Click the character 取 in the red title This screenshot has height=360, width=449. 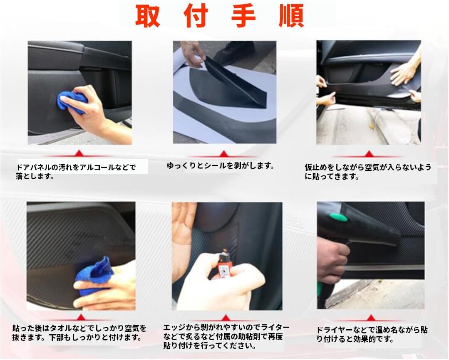click(x=147, y=16)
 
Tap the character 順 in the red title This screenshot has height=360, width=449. click(x=291, y=16)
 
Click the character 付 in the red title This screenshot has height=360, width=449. click(x=196, y=16)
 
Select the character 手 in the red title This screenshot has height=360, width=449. click(x=243, y=16)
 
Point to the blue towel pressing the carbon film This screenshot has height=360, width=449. click(x=93, y=275)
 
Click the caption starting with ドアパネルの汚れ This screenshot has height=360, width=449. click(x=76, y=172)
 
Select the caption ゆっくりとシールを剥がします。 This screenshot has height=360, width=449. click(x=221, y=166)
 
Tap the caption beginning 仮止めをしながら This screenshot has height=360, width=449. click(x=368, y=172)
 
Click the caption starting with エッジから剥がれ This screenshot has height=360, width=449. click(x=226, y=337)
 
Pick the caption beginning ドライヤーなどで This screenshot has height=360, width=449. click(x=372, y=335)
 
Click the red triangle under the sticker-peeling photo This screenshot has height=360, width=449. click(x=223, y=154)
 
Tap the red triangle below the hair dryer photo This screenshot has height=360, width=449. click(x=371, y=318)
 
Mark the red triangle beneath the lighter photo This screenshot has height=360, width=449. click(x=226, y=318)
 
